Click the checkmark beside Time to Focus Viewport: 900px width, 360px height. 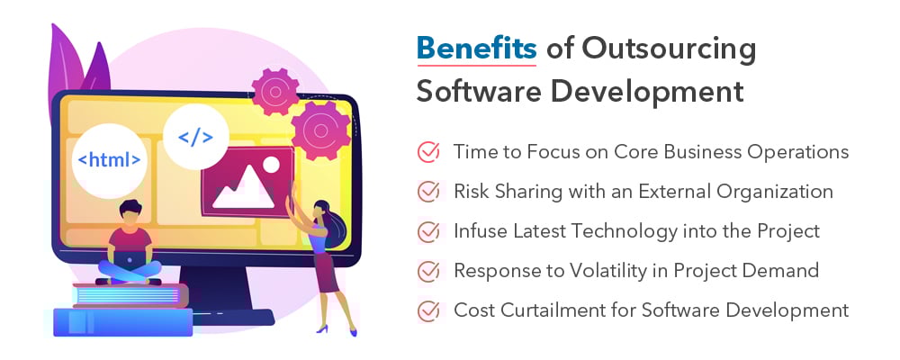coord(428,152)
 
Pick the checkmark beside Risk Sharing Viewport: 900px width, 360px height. coord(428,192)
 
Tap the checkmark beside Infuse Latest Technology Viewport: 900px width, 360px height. coord(428,231)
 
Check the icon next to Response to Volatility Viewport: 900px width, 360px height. coord(428,271)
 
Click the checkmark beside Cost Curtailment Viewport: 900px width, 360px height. coord(428,310)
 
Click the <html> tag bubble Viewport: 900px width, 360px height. coord(109,161)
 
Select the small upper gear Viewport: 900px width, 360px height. coord(275,89)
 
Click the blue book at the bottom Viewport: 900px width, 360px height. coord(122,322)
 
